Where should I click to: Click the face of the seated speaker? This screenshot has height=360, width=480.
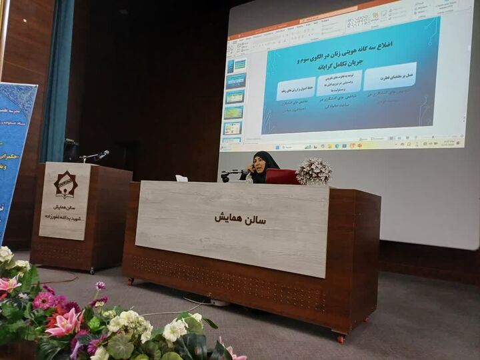[x=258, y=164]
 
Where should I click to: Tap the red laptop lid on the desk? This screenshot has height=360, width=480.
[x=281, y=176]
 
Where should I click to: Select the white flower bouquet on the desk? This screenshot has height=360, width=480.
[x=313, y=171]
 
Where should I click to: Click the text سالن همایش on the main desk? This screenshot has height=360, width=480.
[x=240, y=217]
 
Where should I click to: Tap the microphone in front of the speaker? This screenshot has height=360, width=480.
[x=227, y=173]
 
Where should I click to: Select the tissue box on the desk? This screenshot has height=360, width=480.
[x=181, y=178]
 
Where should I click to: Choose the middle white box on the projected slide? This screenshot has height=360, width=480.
[x=339, y=83]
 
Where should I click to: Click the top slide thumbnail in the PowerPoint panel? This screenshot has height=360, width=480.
[x=235, y=65]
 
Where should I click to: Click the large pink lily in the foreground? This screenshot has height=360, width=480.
[x=64, y=323]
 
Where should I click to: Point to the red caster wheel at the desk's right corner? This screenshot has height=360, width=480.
[x=341, y=338]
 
